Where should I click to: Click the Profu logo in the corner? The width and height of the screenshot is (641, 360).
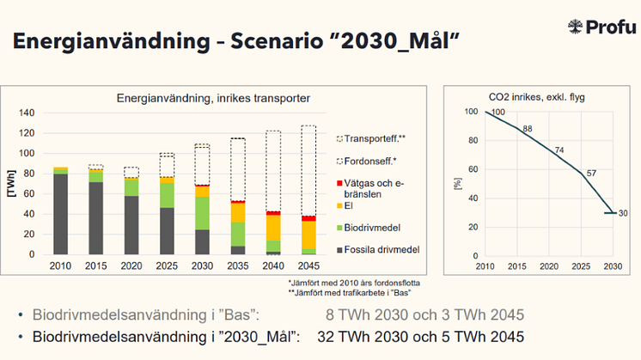tap(602, 27)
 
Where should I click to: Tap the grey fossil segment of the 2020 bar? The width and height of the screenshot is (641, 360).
tap(131, 225)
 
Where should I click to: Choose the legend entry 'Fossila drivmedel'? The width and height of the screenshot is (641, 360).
tap(382, 249)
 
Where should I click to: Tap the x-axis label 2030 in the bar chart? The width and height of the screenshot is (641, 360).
tap(202, 265)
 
